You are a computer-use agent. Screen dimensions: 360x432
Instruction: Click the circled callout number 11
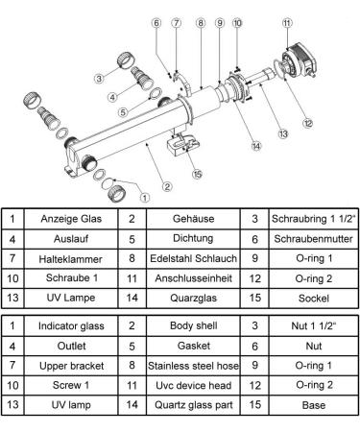pyautogui.click(x=287, y=23)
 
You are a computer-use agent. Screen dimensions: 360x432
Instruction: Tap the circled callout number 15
pyautogui.click(x=197, y=175)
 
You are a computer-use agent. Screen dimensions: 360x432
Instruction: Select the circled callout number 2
pyautogui.click(x=167, y=186)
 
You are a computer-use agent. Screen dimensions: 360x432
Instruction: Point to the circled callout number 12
pyautogui.click(x=308, y=123)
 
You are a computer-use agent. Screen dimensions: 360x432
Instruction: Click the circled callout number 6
pyautogui.click(x=156, y=23)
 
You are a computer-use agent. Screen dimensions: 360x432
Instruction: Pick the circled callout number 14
pyautogui.click(x=256, y=146)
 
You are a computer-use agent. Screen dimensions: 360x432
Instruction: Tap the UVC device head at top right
pyautogui.click(x=300, y=60)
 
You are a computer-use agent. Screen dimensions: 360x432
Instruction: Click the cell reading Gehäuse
pyautogui.click(x=193, y=219)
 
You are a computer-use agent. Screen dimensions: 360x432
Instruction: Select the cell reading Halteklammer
pyautogui.click(x=71, y=259)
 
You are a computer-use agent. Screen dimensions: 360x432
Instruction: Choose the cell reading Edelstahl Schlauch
pyautogui.click(x=193, y=258)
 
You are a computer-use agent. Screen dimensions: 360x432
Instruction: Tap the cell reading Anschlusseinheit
pyautogui.click(x=193, y=278)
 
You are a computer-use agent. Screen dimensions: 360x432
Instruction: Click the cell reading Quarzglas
pyautogui.click(x=193, y=299)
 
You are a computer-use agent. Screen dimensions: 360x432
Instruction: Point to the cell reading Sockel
pyautogui.click(x=314, y=299)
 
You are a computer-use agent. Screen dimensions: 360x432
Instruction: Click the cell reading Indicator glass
pyautogui.click(x=71, y=325)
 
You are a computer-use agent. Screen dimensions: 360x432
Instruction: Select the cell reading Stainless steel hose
pyautogui.click(x=193, y=366)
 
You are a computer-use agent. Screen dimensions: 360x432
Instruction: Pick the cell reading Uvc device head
pyautogui.click(x=193, y=385)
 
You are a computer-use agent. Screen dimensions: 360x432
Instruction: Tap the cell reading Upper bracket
pyautogui.click(x=71, y=366)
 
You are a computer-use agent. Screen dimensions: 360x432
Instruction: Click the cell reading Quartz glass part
pyautogui.click(x=193, y=405)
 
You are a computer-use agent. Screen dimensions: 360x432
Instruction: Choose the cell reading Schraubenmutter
pyautogui.click(x=314, y=239)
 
